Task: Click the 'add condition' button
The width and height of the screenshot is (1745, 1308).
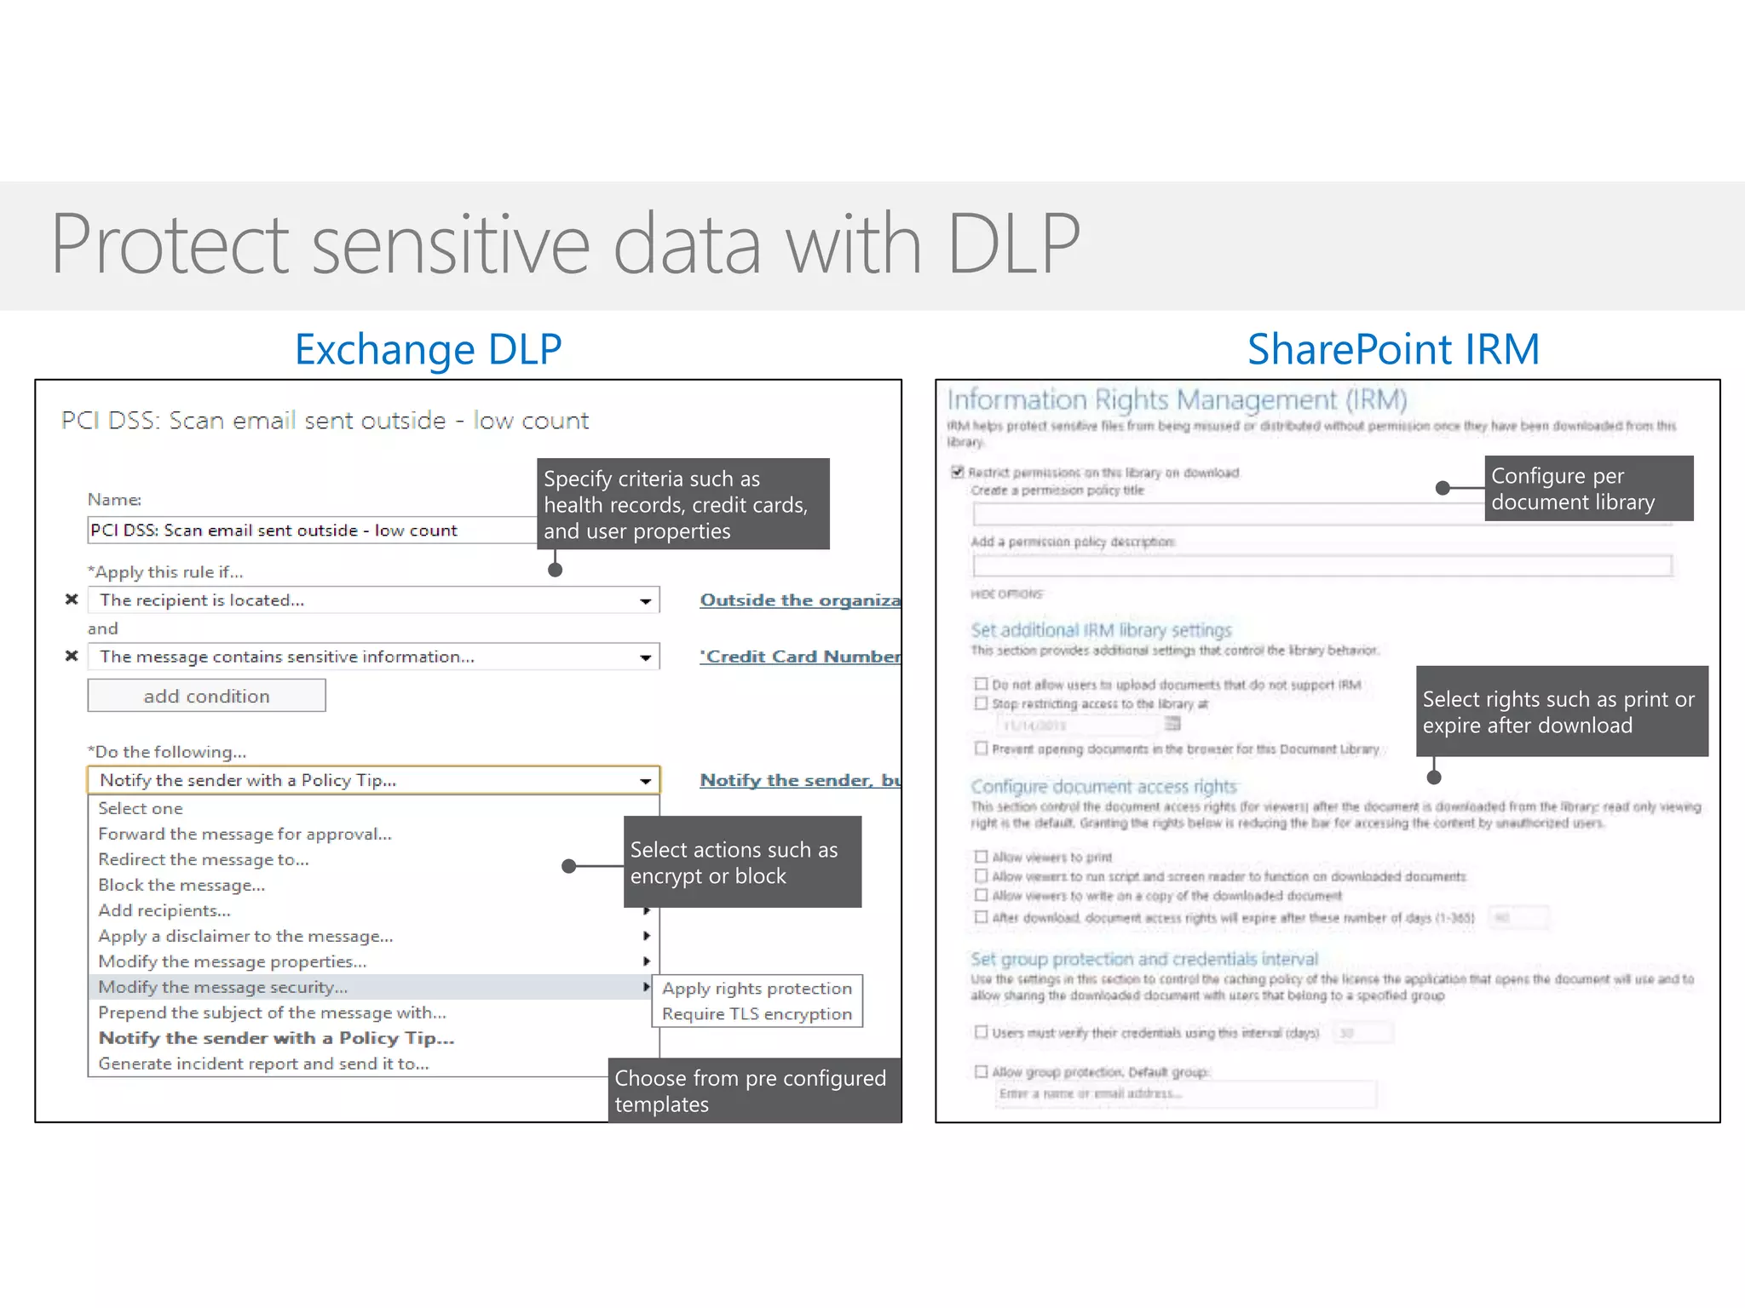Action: click(206, 696)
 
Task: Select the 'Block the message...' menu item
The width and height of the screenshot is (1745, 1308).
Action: click(181, 885)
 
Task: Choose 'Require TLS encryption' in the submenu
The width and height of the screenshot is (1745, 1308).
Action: click(757, 1013)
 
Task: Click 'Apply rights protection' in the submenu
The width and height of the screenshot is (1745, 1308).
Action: click(757, 988)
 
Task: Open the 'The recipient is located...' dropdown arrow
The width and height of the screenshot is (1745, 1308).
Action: click(646, 600)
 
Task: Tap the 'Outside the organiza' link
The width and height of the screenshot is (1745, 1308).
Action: click(799, 600)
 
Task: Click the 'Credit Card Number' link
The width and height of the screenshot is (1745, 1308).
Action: click(799, 657)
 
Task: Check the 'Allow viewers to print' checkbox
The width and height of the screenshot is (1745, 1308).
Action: click(981, 857)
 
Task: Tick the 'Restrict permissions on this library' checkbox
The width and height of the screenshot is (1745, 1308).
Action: click(958, 472)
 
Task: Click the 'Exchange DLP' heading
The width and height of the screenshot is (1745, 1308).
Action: click(428, 349)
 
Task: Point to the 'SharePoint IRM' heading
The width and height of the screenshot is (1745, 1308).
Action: click(1393, 349)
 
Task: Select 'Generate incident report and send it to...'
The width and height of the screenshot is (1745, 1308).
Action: click(263, 1064)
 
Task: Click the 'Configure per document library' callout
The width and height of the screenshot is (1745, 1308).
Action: click(1588, 489)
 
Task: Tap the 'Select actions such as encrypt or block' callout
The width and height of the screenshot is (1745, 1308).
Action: click(742, 862)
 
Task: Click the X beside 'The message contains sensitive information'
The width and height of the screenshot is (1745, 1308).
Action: click(72, 656)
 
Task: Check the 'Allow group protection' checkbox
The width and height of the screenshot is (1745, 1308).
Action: click(981, 1071)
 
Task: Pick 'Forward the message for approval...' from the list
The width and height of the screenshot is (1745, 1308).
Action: click(245, 834)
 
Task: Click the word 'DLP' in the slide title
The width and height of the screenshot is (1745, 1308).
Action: click(1013, 244)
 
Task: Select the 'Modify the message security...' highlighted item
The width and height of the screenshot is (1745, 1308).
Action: click(223, 987)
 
